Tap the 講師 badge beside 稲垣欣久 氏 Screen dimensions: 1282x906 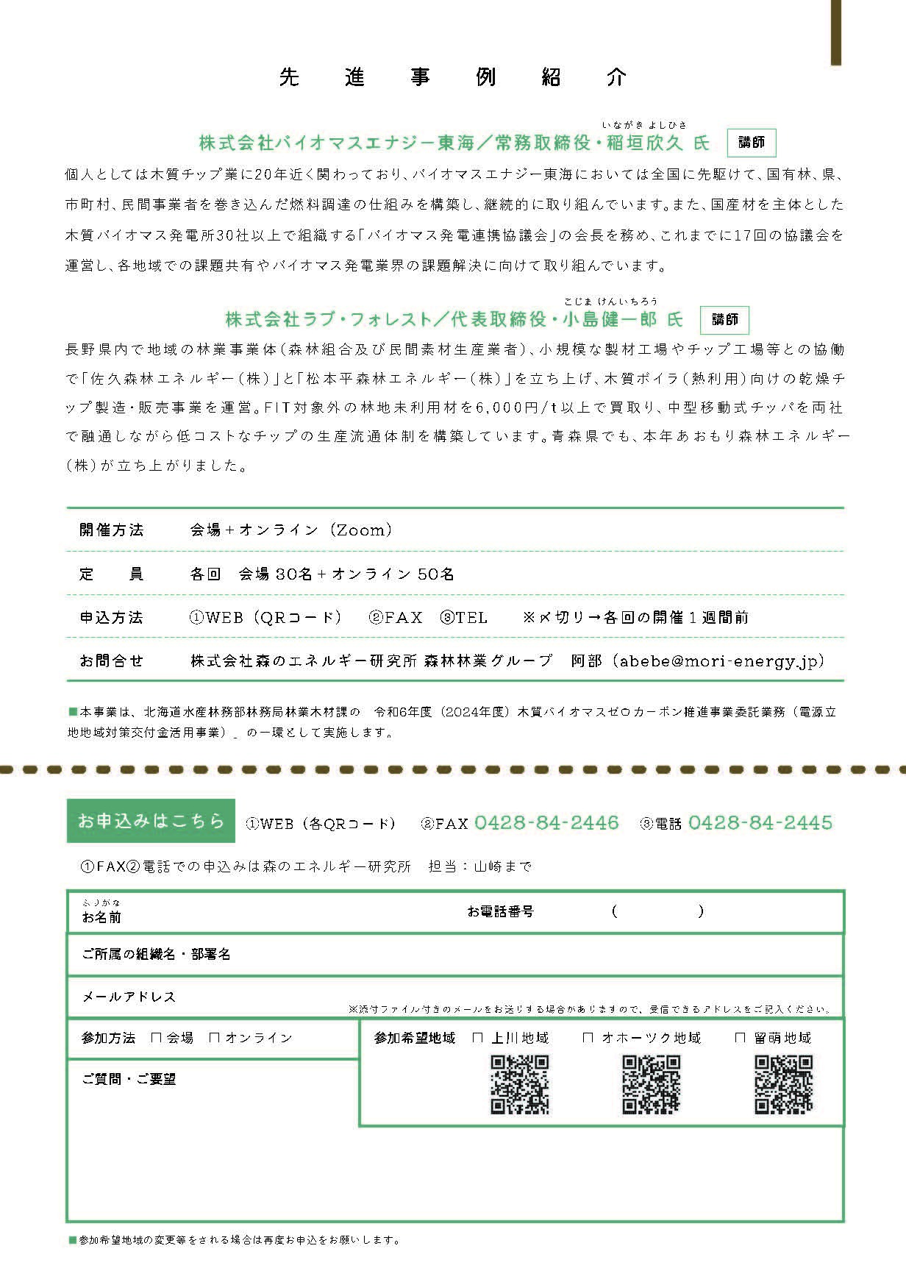(x=751, y=143)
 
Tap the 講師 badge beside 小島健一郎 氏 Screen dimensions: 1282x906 (x=724, y=319)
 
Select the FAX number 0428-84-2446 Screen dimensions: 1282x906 (x=546, y=822)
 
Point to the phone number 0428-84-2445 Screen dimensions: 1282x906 (x=760, y=822)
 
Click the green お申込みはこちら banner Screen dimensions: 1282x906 (x=151, y=821)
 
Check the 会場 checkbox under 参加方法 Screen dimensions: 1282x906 (x=156, y=1038)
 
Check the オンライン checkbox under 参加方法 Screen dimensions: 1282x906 (x=215, y=1038)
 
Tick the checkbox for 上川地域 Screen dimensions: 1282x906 (x=478, y=1038)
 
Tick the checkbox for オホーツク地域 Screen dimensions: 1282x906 (x=588, y=1038)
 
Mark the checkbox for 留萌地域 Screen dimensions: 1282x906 (x=741, y=1038)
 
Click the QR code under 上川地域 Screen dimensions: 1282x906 (x=520, y=1084)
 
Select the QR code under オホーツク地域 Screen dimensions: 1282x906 (x=652, y=1084)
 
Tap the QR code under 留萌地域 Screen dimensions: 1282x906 (x=783, y=1084)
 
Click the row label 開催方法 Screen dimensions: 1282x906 (x=112, y=530)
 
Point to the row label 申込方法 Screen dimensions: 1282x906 (x=112, y=617)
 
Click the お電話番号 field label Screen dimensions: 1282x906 (x=500, y=911)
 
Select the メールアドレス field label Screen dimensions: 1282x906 (x=129, y=997)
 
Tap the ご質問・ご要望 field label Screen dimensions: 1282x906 (x=129, y=1079)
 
